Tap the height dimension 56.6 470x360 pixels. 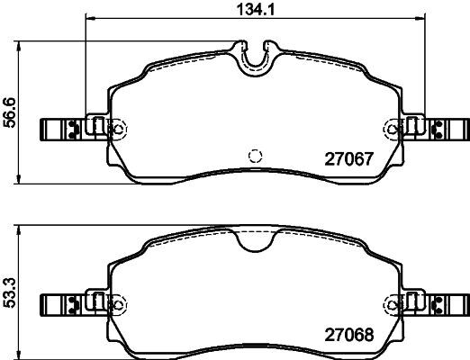pos(9,112)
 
